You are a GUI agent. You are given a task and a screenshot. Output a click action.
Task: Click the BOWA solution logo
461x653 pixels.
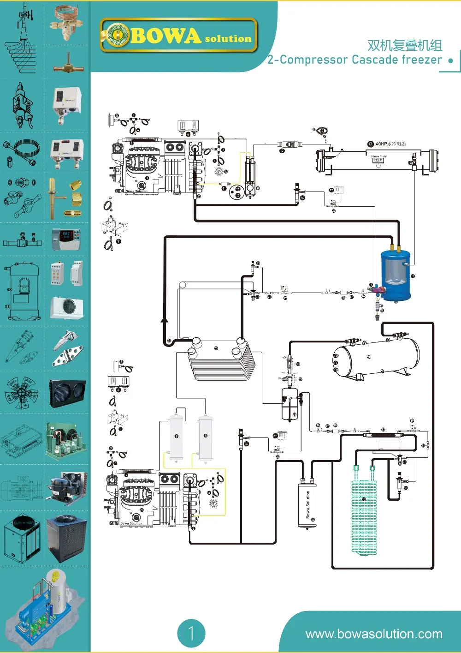point(178,36)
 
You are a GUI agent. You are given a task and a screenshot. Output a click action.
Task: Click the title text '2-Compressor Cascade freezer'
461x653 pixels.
point(354,60)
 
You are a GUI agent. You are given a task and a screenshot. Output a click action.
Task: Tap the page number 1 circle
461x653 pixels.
point(191,633)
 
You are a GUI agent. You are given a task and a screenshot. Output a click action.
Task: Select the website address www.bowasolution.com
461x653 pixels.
point(374,634)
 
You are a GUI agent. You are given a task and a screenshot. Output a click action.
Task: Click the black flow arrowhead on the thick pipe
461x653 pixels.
point(165,319)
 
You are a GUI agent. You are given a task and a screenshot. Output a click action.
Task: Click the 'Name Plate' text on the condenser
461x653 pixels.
point(378,156)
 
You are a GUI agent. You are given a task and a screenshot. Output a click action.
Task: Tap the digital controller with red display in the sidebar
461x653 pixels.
point(66,239)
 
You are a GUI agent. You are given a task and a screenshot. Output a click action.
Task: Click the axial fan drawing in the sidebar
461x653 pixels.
point(21,393)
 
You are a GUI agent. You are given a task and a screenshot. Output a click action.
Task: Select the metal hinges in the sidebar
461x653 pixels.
point(68,349)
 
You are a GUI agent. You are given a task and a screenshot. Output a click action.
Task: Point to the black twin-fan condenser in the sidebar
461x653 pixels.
point(67,393)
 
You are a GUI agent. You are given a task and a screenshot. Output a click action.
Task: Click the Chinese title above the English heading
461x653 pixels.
point(404,45)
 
